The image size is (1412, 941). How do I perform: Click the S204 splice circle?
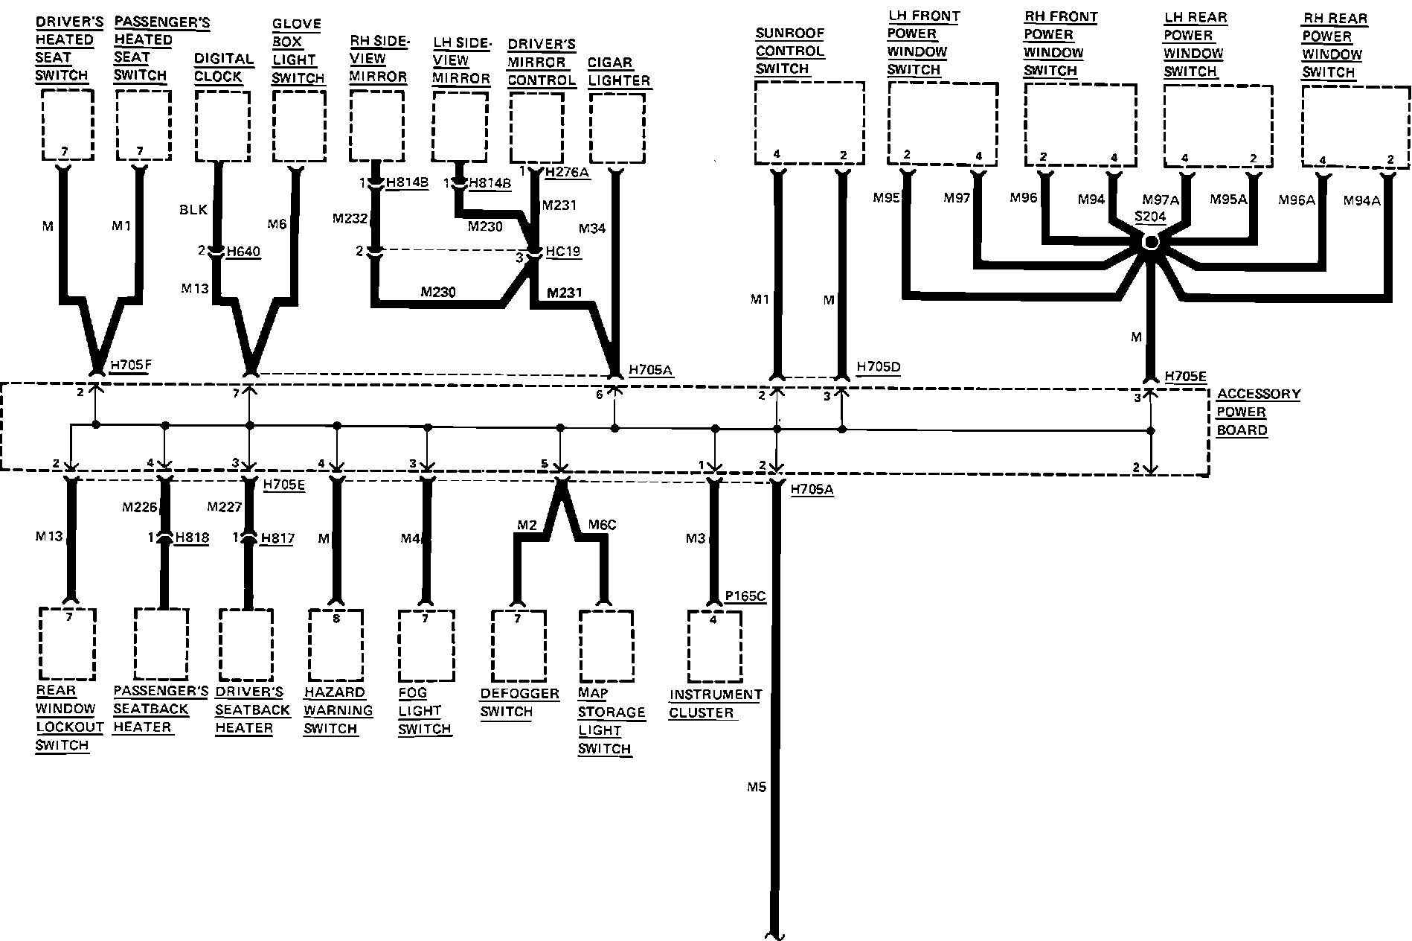click(x=1150, y=242)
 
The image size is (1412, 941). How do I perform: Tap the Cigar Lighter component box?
click(x=617, y=127)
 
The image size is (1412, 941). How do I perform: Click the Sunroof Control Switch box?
click(x=809, y=122)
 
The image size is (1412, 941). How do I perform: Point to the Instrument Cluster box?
click(x=714, y=646)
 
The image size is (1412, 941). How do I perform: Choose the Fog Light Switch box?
click(x=426, y=645)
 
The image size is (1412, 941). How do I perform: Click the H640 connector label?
click(x=243, y=252)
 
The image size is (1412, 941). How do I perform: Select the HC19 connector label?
click(x=563, y=252)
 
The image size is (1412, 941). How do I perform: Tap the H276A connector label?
click(x=567, y=173)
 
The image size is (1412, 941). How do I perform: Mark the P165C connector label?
click(x=746, y=596)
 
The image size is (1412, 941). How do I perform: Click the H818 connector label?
click(x=192, y=538)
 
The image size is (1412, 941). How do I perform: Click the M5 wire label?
click(x=756, y=786)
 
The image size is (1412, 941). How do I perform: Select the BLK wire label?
click(x=193, y=210)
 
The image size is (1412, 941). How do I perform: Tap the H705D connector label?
click(x=879, y=367)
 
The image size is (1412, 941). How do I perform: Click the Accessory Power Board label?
click(x=1258, y=412)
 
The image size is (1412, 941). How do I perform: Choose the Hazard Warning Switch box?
click(x=336, y=644)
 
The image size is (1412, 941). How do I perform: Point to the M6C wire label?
click(x=602, y=525)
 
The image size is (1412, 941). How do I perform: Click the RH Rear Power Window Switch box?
click(x=1355, y=125)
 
